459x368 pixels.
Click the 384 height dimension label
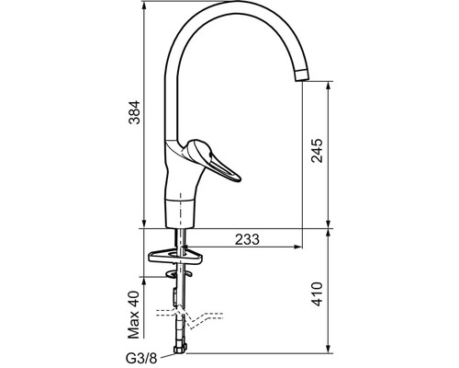tap(134, 112)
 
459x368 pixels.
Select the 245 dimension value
tap(317, 151)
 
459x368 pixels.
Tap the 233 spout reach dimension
tap(247, 239)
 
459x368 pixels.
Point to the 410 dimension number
tap(317, 294)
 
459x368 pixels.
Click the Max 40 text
tap(134, 315)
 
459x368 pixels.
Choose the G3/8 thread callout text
tap(141, 358)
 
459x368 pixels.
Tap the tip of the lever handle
tap(239, 178)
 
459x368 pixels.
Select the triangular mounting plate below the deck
tap(175, 256)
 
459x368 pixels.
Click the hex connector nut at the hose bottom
tap(180, 349)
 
